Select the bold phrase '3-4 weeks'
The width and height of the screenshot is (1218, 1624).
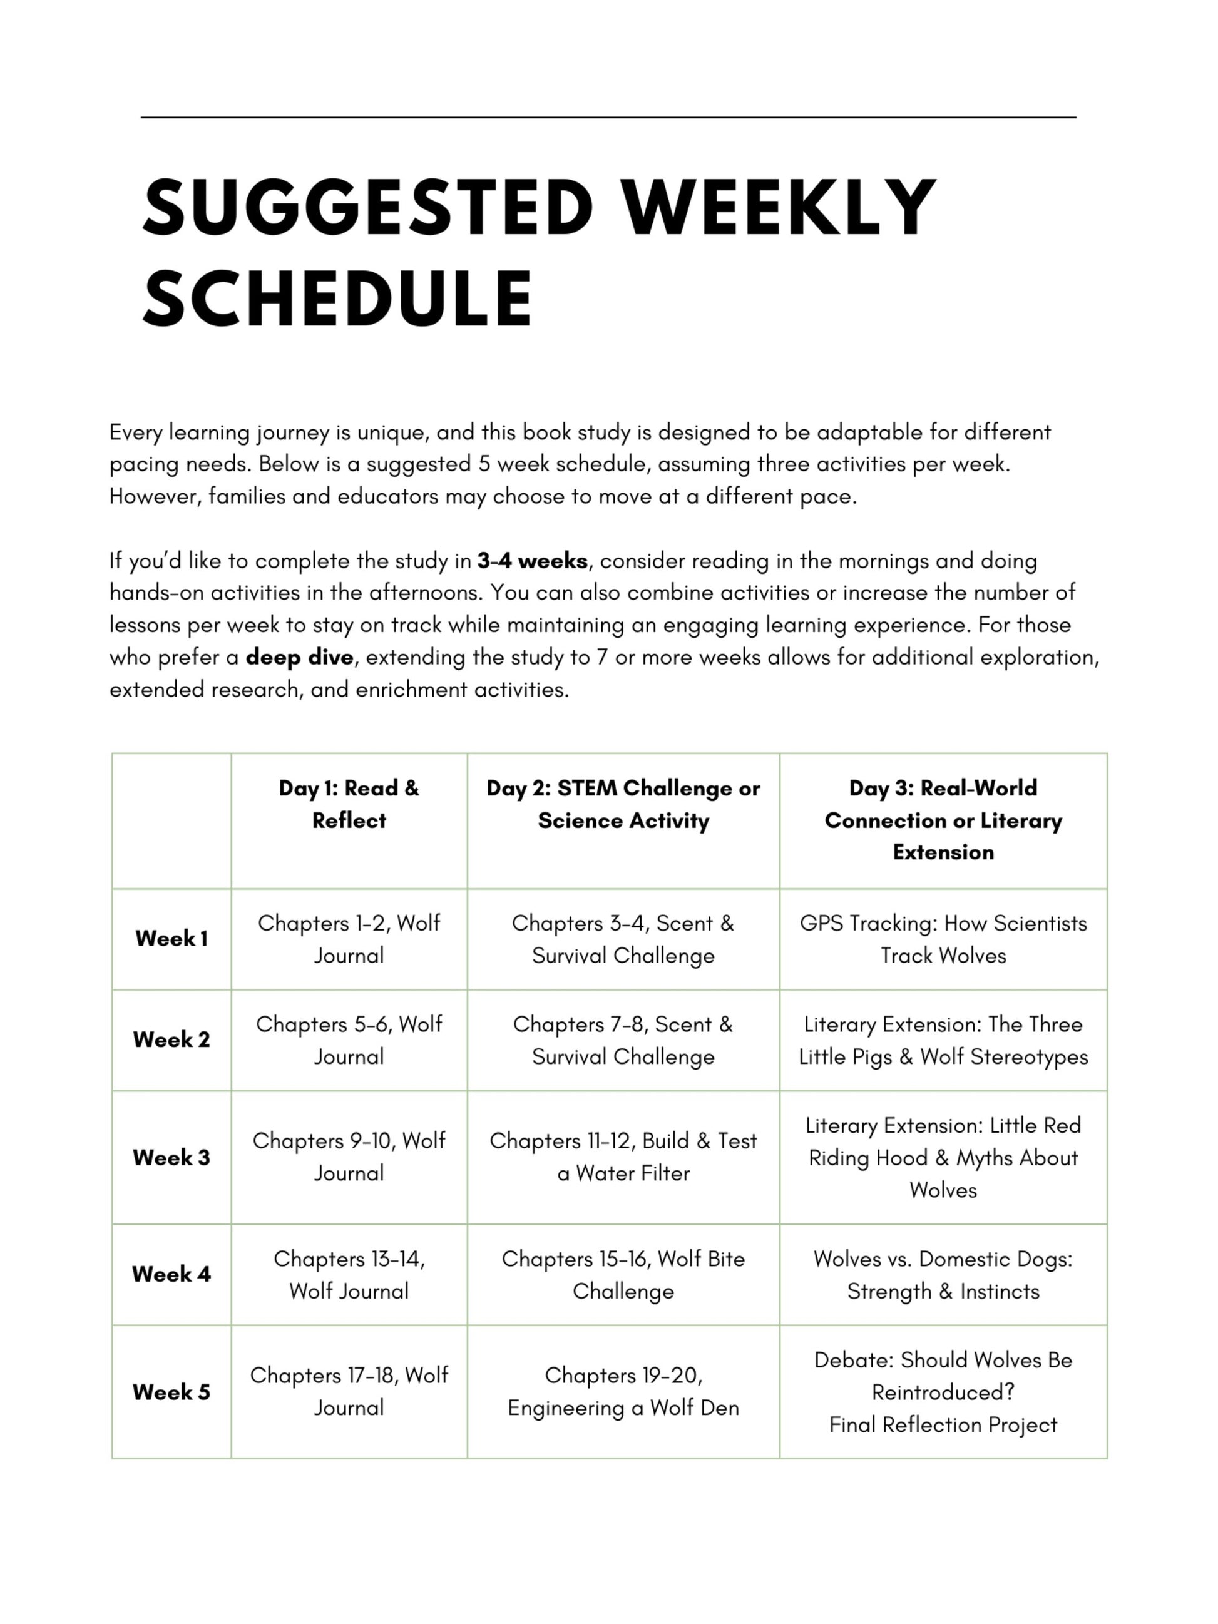coord(532,561)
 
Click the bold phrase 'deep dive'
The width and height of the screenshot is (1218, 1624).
coord(300,657)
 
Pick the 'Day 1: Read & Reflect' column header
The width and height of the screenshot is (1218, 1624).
coord(349,804)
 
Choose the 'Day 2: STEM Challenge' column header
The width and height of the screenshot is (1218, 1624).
coord(623,804)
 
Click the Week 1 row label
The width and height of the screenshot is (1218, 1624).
coord(171,938)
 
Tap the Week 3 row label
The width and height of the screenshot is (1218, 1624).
coord(171,1157)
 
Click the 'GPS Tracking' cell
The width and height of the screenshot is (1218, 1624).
coord(943,939)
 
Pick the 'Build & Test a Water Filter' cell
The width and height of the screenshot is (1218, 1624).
coord(623,1157)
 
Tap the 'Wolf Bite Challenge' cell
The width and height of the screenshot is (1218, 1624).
coord(623,1275)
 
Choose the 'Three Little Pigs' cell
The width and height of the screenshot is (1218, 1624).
coord(943,1039)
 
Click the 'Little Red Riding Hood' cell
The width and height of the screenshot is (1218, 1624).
coord(943,1157)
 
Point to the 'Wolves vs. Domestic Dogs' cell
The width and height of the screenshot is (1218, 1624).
coord(943,1275)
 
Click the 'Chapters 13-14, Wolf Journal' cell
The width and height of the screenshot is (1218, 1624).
coord(349,1275)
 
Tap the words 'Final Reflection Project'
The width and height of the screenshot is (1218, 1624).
coord(943,1424)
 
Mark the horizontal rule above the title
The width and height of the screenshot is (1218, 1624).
coord(608,117)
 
